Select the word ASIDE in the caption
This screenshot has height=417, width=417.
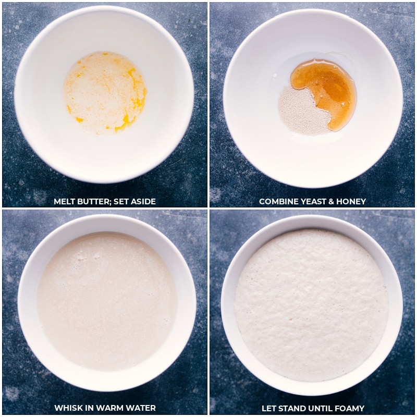(143, 202)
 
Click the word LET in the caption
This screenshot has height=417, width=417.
(269, 408)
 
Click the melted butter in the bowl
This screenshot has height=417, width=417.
(105, 93)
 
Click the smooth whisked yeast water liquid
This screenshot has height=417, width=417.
(106, 301)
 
